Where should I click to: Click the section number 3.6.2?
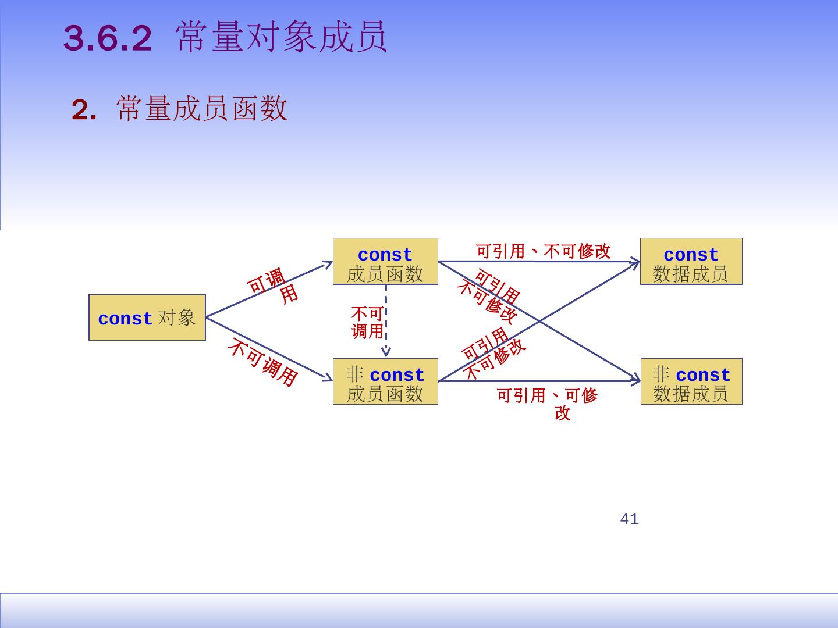pos(107,39)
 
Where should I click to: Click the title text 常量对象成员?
pos(282,38)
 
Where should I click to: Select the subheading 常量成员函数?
pos(202,109)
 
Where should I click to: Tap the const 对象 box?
pos(147,317)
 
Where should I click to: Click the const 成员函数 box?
pos(385,262)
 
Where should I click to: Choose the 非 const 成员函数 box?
pos(385,381)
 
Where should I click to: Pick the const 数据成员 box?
pos(691,262)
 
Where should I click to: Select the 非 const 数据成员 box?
pos(691,381)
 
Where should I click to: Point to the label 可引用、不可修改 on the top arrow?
pos(543,251)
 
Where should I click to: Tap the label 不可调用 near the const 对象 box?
pos(263,362)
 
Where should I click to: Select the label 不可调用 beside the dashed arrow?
pos(367,323)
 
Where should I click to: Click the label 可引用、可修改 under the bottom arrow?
pos(547,403)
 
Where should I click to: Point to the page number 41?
pos(629,519)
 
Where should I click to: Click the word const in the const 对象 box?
pos(125,319)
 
